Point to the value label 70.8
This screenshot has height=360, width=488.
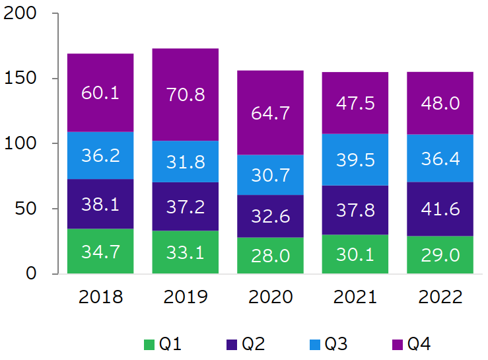(186, 94)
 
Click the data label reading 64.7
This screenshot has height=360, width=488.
(270, 113)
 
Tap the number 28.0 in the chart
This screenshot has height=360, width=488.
(270, 256)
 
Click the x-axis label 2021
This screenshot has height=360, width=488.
(355, 297)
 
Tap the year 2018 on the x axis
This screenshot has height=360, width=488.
(100, 297)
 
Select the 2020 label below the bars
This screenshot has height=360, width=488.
(270, 297)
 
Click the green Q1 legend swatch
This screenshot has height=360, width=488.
(149, 344)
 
